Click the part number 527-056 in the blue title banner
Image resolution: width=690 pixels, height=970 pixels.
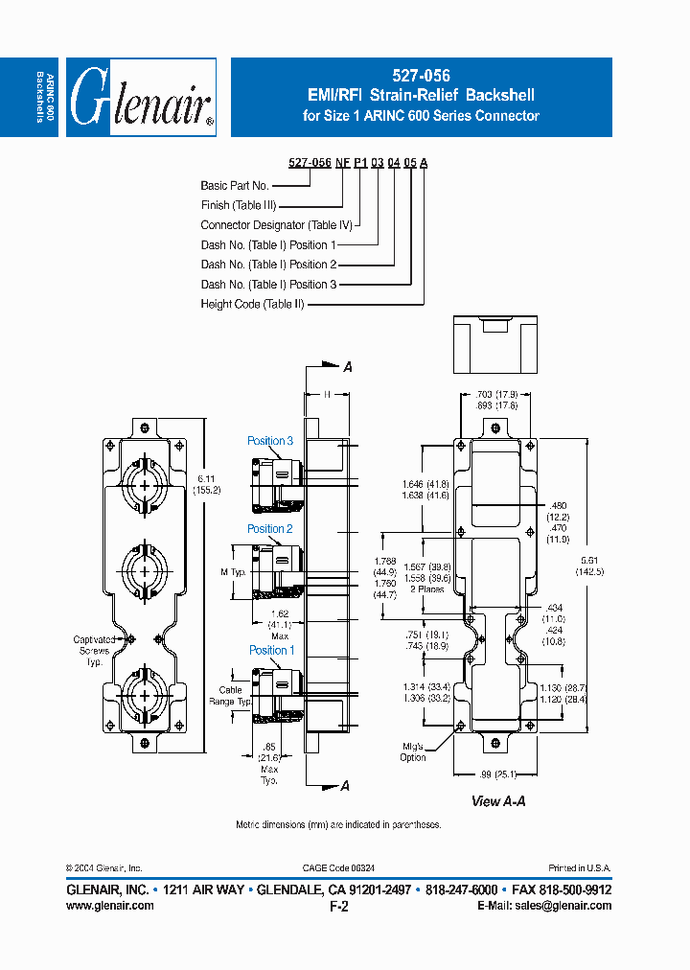pos(421,75)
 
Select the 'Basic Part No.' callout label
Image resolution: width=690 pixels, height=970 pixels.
pos(235,185)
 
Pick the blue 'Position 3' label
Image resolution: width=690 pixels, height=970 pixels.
pos(270,441)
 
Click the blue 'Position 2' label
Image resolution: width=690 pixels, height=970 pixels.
pos(270,528)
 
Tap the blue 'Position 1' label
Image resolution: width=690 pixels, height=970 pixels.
pos(272,650)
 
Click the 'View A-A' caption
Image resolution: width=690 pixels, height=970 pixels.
pos(498,801)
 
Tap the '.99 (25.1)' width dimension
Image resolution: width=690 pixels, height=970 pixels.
pos(497,774)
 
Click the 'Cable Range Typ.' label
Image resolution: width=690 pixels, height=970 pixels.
pos(230,696)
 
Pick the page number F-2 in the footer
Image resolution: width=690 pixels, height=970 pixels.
pos(338,906)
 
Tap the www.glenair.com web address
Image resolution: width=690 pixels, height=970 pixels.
pos(109,906)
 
